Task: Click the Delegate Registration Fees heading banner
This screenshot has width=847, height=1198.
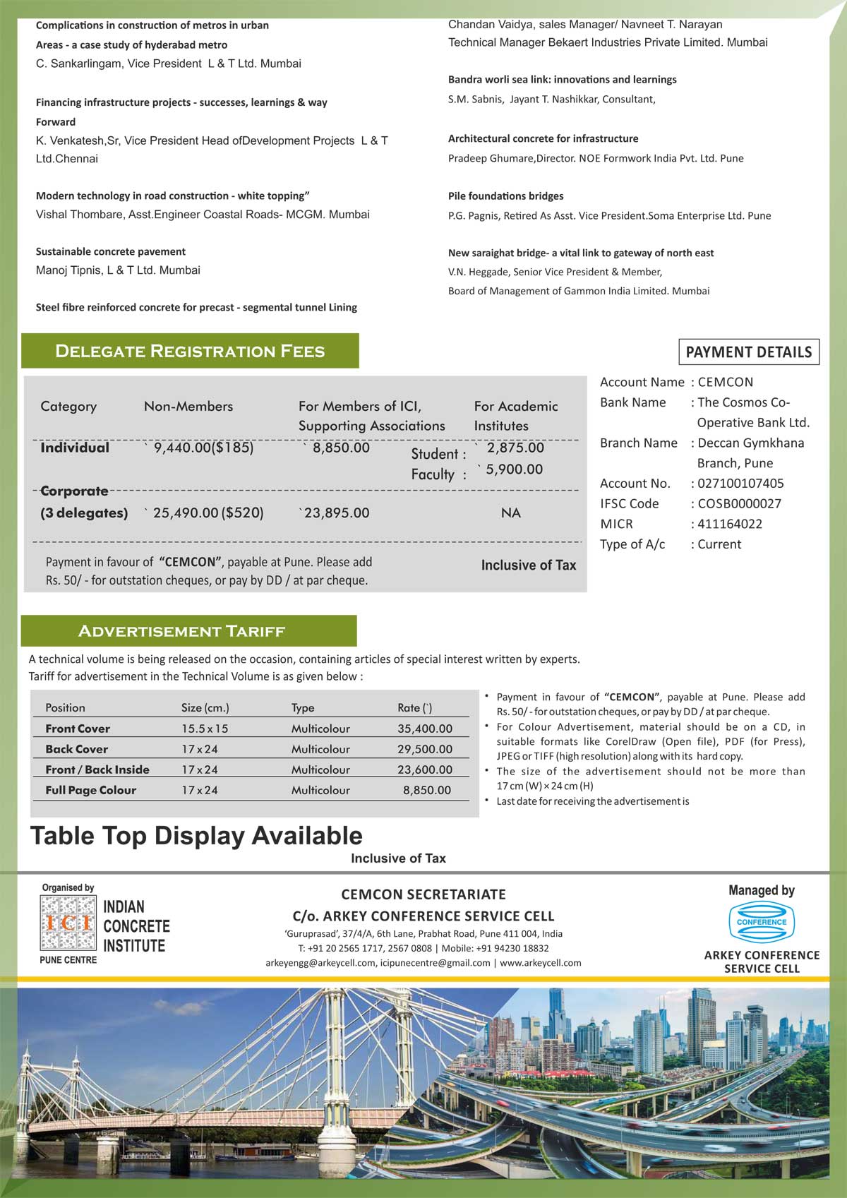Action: [190, 351]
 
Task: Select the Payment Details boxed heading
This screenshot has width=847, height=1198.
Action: [748, 352]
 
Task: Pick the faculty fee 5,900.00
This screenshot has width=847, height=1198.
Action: [514, 469]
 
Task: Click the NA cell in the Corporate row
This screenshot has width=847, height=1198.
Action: [510, 513]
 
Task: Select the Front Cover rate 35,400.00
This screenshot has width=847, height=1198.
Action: [424, 729]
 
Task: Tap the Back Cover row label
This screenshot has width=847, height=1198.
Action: [76, 749]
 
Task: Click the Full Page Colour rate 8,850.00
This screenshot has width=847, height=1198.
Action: [426, 790]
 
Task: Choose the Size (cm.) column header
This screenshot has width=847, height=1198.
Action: [205, 707]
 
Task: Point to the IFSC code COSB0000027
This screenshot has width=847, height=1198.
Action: [739, 503]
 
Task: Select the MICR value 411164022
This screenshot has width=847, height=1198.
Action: [730, 524]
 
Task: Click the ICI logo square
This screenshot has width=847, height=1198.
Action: [68, 922]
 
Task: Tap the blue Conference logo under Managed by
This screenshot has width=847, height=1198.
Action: [762, 922]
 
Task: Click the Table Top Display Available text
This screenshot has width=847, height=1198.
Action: [196, 836]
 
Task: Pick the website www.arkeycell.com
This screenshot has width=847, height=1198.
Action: [540, 962]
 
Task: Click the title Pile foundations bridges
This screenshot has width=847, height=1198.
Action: [505, 196]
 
